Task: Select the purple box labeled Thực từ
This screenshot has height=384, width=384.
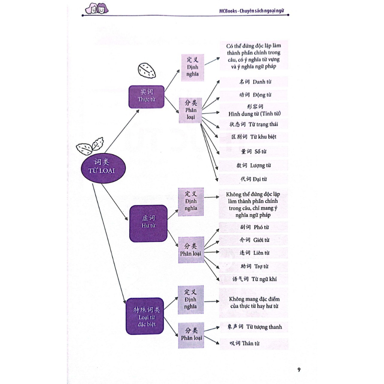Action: pos(147,96)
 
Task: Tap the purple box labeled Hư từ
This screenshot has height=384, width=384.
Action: pos(148,222)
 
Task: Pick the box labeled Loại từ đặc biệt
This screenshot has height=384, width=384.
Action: pos(145,316)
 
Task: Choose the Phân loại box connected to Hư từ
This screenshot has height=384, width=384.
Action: pos(191,249)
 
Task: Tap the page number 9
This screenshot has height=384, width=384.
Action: pos(299,370)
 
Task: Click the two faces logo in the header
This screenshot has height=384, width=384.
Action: pos(96,8)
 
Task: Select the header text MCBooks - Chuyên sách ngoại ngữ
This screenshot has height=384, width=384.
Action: pos(255,11)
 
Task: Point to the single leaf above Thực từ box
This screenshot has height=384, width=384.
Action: pos(147,70)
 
